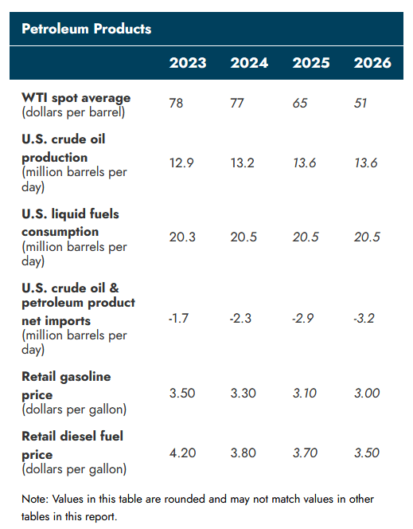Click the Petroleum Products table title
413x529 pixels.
click(x=86, y=29)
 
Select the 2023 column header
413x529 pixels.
click(x=188, y=63)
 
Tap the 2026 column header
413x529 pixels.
click(x=372, y=63)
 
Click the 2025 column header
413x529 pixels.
click(x=311, y=63)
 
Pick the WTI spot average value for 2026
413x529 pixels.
click(x=361, y=104)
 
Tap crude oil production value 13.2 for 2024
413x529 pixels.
click(x=244, y=163)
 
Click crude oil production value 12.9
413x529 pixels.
click(x=183, y=163)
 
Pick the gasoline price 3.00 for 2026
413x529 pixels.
click(x=368, y=393)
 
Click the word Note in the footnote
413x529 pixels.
click(x=34, y=500)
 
